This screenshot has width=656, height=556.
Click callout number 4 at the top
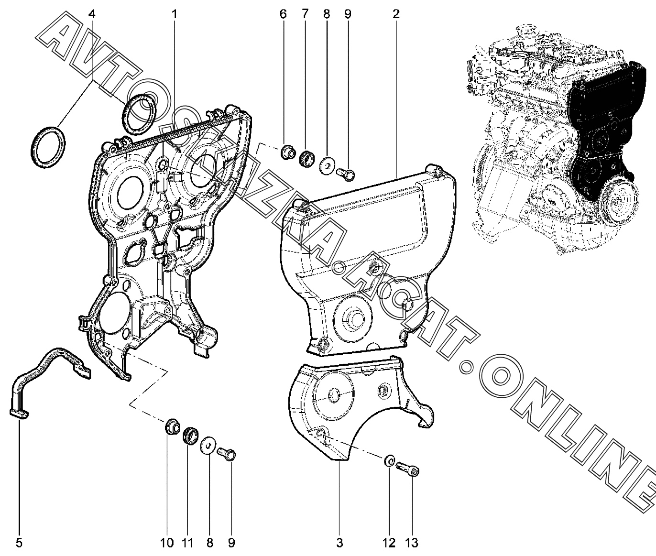click(x=92, y=14)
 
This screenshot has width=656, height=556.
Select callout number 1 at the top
click(x=175, y=14)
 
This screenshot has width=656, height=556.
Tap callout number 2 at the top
click(x=396, y=14)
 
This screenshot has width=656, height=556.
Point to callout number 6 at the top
click(x=283, y=14)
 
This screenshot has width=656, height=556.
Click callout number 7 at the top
click(x=305, y=14)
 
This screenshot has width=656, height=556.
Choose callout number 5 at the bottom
click(x=19, y=543)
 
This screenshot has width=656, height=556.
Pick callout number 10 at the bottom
click(x=167, y=543)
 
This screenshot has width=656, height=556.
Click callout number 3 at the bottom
click(x=339, y=543)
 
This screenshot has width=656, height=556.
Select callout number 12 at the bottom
click(x=389, y=543)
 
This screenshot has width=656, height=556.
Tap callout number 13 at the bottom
click(x=411, y=543)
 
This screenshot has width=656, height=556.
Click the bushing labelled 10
click(x=170, y=427)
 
